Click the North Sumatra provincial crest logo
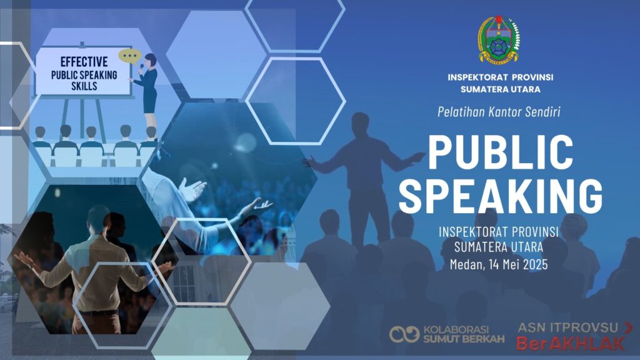[x=499, y=40]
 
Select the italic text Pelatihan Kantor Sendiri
[x=499, y=111]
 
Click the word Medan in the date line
[x=466, y=264]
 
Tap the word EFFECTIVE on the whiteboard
[x=84, y=62]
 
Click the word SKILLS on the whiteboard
[x=84, y=86]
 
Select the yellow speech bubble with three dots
[x=130, y=56]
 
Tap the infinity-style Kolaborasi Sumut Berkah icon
[x=404, y=334]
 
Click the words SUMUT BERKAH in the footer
[x=464, y=339]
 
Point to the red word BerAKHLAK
[x=571, y=344]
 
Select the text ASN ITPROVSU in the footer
[x=568, y=327]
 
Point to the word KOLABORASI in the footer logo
[x=456, y=329]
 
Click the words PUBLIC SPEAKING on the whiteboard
[x=84, y=75]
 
